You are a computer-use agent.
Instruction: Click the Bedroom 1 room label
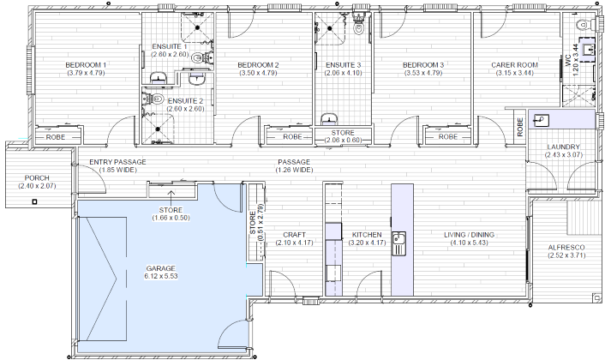click(86, 65)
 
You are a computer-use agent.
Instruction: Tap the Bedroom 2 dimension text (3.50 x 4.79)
click(257, 74)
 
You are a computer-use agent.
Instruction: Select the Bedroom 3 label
click(422, 65)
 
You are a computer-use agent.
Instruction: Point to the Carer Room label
click(514, 65)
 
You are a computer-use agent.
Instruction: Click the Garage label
click(160, 268)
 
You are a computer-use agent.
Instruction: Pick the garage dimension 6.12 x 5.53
click(160, 277)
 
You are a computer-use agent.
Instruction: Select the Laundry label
click(563, 147)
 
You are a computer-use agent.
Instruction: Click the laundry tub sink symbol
click(542, 120)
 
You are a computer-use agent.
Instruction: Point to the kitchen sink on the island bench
click(398, 237)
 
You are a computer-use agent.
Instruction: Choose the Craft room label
click(294, 235)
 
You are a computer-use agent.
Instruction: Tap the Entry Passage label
click(118, 162)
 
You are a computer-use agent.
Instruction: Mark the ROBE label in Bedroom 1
click(56, 136)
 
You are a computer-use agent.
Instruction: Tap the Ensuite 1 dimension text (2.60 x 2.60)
click(170, 55)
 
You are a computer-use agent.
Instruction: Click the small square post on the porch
click(34, 201)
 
